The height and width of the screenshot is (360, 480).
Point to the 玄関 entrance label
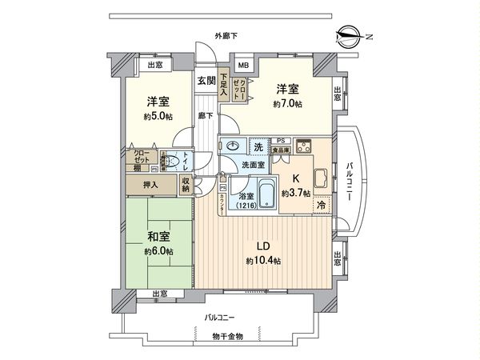pos(206,81)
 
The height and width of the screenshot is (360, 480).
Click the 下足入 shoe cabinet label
pos(225,86)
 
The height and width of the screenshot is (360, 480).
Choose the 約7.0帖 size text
pos(286,105)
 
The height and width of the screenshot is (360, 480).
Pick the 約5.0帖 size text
pos(157,117)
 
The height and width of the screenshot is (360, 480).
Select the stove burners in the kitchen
pos(304,146)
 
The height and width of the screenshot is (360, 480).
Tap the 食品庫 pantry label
pos(281,150)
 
